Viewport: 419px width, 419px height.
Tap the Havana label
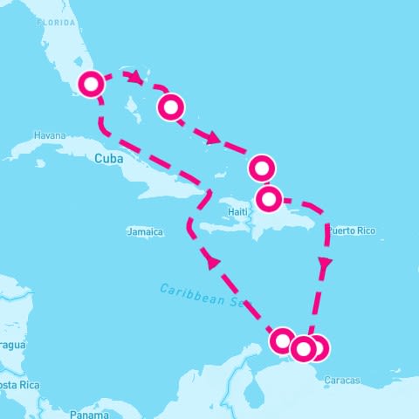49,136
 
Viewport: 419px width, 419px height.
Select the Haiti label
237,212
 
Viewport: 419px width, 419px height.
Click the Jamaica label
145,232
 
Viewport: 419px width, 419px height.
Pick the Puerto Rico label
351,230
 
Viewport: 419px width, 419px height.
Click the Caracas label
341,380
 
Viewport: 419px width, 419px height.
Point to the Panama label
88,414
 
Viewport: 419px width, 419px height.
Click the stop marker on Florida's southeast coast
92,84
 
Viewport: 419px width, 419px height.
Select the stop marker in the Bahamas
171,107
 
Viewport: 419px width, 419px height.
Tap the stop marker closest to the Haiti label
269,199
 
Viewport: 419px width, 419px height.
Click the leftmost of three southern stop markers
283,340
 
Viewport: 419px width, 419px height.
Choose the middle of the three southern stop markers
303,349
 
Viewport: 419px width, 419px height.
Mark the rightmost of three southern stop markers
317,347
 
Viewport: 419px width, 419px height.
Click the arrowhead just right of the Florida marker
134,77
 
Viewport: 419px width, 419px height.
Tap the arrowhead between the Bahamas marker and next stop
212,137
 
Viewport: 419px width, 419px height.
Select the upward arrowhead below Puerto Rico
326,262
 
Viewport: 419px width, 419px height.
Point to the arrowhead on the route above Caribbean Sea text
209,260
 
